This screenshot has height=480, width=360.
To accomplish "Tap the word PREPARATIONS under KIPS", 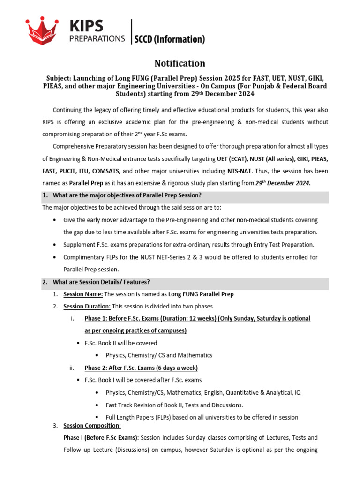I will click(97, 39).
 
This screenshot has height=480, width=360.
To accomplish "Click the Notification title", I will click(180, 63).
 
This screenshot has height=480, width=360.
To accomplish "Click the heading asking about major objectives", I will click(127, 195).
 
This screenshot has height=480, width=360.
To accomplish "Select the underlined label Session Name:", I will click(82, 294).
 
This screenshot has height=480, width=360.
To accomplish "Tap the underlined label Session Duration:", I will click(87, 307).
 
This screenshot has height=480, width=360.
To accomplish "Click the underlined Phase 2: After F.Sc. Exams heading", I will click(141, 367).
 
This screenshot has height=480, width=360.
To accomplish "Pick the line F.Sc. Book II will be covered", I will click(121, 343).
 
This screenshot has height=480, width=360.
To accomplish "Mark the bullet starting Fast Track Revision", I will click(174, 405).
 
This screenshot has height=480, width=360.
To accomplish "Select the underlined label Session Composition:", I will click(92, 426).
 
